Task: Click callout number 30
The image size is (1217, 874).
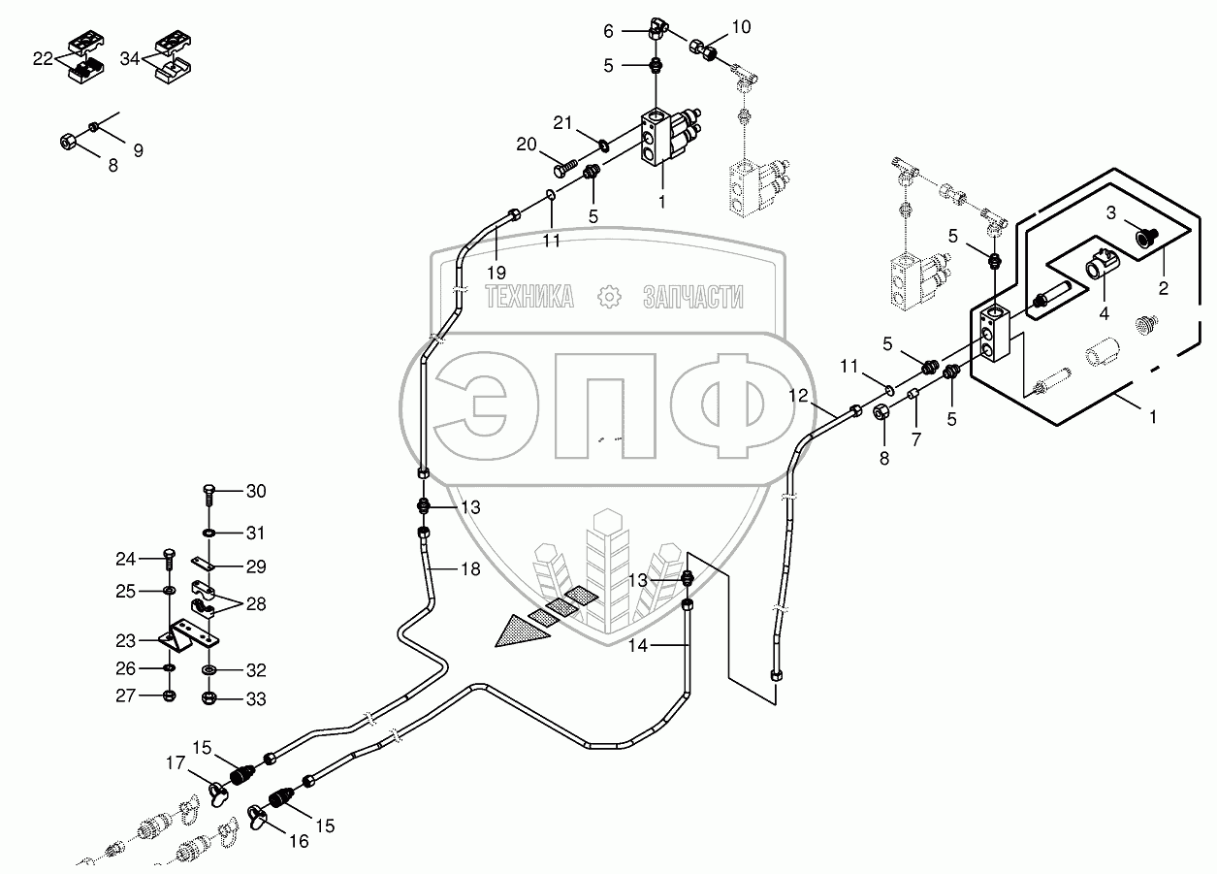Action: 255,492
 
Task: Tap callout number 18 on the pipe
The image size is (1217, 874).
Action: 469,569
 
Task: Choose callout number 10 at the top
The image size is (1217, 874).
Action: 740,27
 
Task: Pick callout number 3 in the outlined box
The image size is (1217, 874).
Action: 1111,211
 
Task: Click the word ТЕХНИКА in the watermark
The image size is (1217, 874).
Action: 529,297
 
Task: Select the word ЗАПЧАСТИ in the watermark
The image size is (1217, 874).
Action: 692,297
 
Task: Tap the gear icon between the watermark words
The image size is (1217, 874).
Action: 609,297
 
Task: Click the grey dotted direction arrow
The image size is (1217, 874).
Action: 520,632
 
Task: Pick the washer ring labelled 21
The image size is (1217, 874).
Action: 604,146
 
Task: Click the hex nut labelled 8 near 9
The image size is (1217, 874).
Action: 68,143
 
